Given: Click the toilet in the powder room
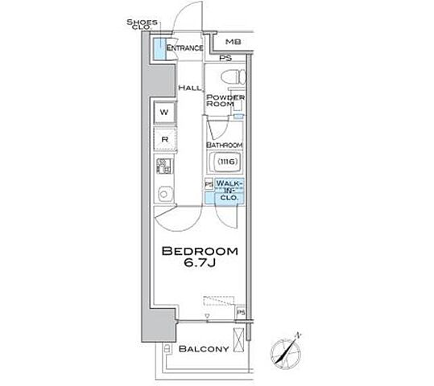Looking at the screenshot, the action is [234, 76].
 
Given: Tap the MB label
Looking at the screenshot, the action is [233, 42].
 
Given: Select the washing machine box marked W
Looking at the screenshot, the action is [164, 113].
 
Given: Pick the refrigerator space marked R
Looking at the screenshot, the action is [165, 140].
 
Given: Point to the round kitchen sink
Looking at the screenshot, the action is [164, 194].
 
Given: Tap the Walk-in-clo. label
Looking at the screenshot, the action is [229, 191].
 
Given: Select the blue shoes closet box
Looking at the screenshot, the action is [159, 48].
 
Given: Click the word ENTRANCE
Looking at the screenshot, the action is [184, 48].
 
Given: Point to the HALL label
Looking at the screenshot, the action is [190, 88].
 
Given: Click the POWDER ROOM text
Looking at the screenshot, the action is [225, 101].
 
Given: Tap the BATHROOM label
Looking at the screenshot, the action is [225, 145].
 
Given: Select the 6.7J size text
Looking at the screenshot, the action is [200, 263].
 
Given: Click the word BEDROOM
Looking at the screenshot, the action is [200, 251].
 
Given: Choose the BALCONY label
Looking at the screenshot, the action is [204, 349].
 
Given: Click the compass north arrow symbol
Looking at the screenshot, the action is [286, 350].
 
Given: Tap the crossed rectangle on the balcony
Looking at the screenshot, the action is [238, 340].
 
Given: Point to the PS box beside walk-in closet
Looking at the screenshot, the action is [209, 184].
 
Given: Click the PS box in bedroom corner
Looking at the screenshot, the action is [241, 313].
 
